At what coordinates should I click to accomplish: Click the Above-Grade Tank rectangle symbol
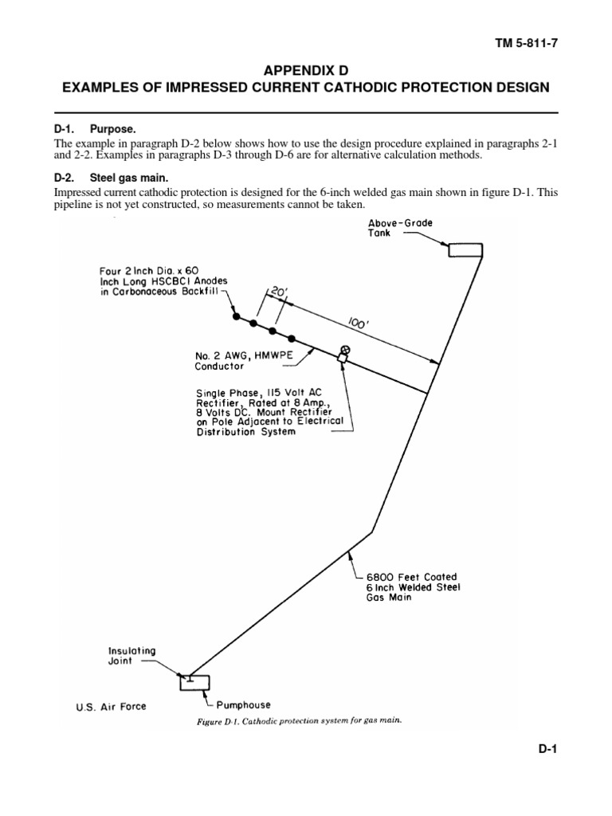point(465,250)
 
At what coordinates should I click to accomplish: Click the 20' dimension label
point(278,294)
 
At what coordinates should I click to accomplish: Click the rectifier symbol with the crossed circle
point(344,351)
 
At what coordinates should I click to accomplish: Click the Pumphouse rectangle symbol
point(192,683)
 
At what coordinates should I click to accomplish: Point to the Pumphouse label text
point(244,705)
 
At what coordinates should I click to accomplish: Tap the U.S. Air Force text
point(111,706)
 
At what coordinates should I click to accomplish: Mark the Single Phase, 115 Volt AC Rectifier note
point(269,412)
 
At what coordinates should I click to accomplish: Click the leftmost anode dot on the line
point(236,316)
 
